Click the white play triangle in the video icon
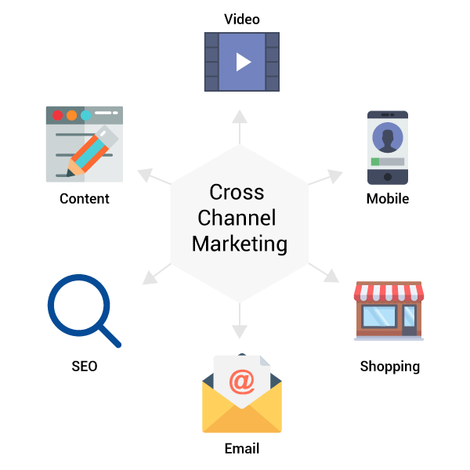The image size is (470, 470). click(243, 61)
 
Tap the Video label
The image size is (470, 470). click(241, 19)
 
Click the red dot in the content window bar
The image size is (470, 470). click(56, 115)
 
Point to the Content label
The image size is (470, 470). click(85, 198)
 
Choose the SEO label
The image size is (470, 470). click(84, 366)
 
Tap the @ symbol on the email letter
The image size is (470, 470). click(241, 381)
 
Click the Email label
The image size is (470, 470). click(241, 449)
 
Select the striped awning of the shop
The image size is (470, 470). click(389, 293)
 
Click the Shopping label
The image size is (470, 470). click(389, 366)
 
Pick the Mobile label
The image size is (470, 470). click(387, 198)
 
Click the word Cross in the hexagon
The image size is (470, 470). click(237, 192)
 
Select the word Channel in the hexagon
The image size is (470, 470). click(237, 217)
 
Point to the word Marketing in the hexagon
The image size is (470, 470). click(240, 243)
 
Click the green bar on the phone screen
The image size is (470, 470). click(375, 162)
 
